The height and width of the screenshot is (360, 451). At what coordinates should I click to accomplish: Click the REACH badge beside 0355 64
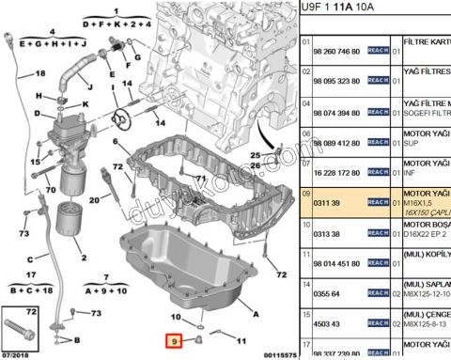click(x=378, y=293)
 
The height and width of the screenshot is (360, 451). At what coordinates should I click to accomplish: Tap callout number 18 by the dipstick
click(x=40, y=73)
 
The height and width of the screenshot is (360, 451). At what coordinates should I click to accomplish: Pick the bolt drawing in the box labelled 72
click(x=23, y=330)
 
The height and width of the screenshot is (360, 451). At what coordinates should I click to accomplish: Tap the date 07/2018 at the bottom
click(x=16, y=354)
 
